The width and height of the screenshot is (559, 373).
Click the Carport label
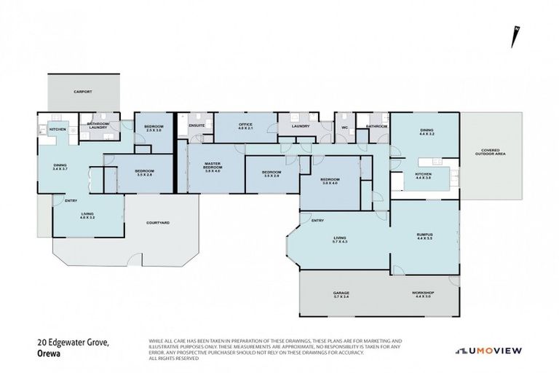point(82,93)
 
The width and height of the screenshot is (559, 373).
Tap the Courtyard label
point(158,222)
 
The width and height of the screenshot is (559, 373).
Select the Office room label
point(245,125)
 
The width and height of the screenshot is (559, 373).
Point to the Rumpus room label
point(424,235)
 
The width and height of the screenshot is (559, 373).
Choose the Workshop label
point(424,293)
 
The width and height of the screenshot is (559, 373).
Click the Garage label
point(341,293)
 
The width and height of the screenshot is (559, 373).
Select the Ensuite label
point(197,126)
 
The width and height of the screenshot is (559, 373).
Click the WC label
point(344,126)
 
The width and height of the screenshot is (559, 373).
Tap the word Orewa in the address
point(48,356)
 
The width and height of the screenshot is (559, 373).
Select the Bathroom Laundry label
point(98,125)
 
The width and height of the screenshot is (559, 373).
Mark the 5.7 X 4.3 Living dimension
point(340,240)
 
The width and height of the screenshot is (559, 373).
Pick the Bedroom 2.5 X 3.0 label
point(154,127)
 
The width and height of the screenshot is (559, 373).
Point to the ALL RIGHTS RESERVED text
point(175,358)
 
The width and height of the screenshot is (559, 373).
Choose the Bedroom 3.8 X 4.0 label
point(330,181)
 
